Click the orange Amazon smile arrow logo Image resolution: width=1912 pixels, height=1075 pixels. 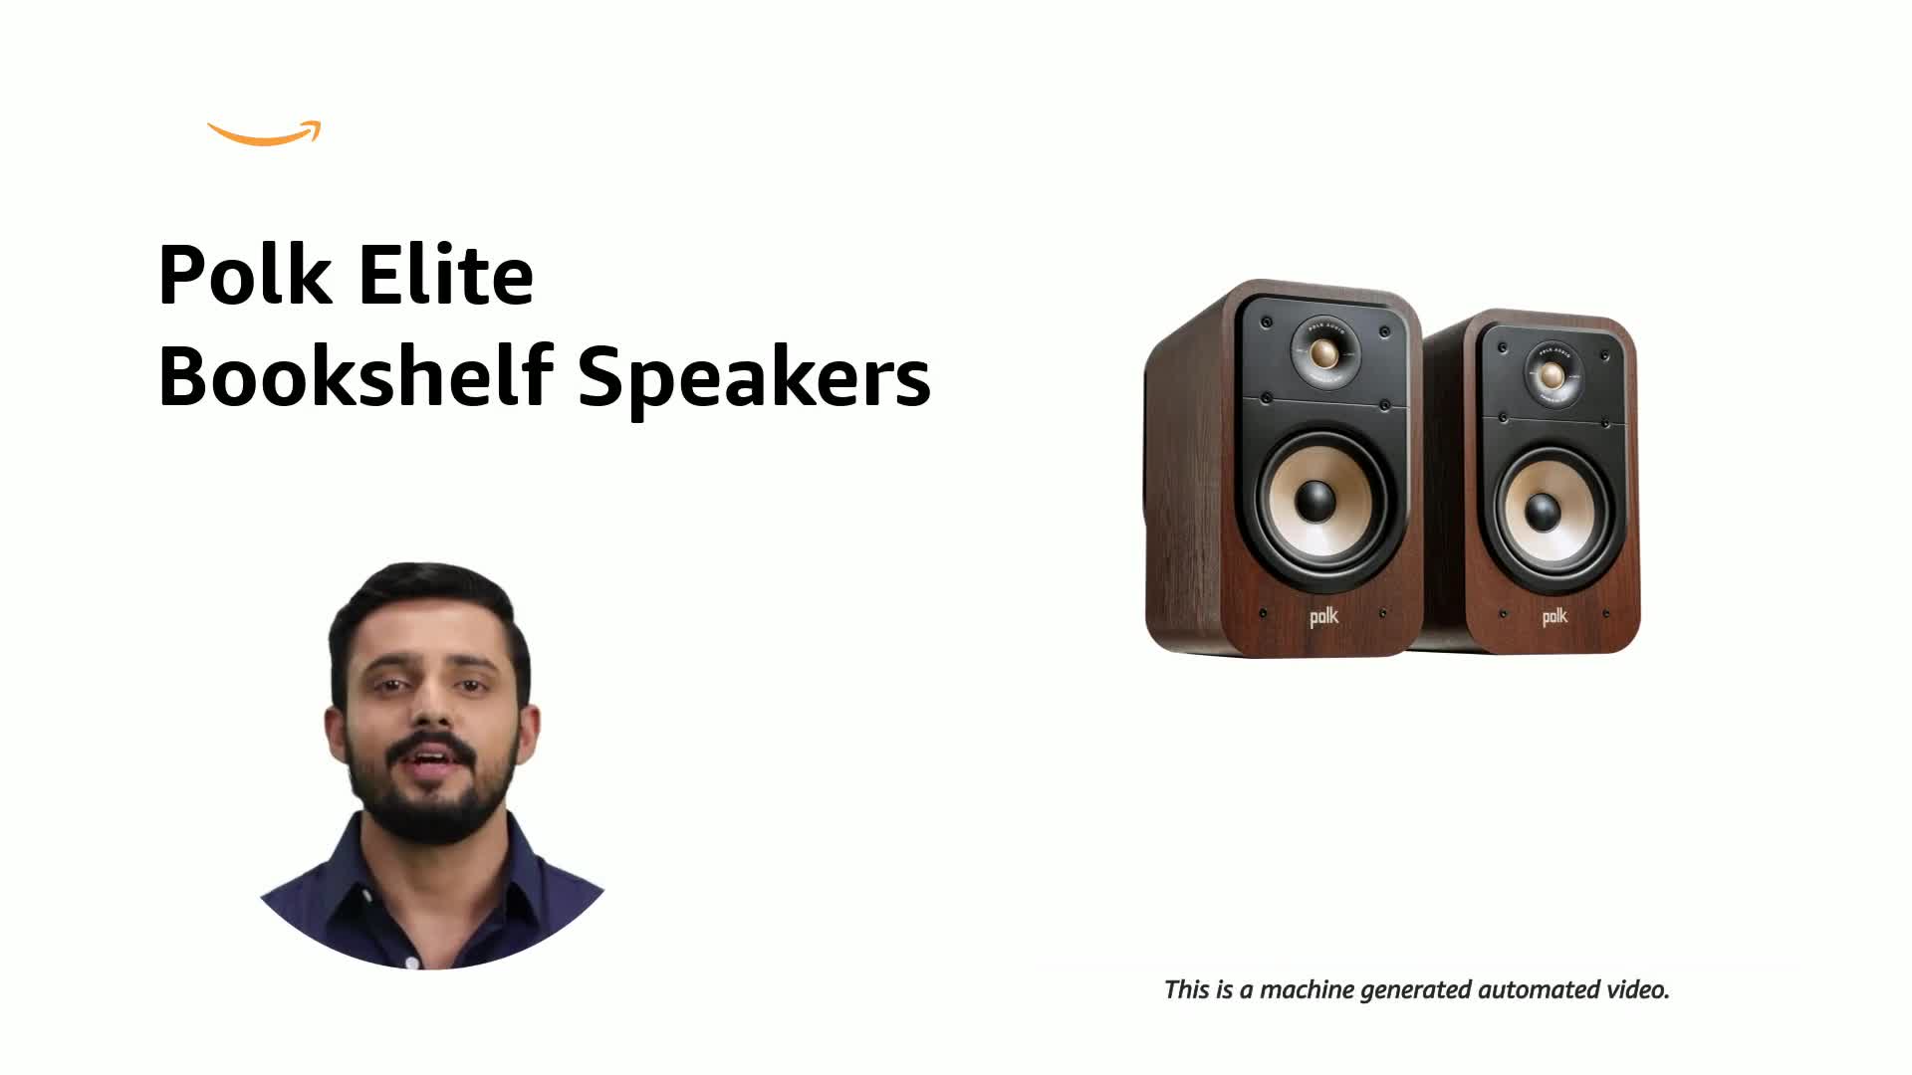pos(264,135)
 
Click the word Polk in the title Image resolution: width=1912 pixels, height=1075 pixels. pos(245,275)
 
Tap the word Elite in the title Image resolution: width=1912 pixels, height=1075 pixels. pos(445,275)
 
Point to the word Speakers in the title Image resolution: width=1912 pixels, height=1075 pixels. pos(754,378)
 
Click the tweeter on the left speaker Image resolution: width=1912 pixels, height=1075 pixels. pos(1324,352)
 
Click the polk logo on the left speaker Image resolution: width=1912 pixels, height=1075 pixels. pos(1323,617)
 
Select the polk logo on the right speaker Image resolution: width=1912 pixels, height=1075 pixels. pos(1553,617)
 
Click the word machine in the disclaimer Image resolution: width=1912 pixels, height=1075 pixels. pos(1307,990)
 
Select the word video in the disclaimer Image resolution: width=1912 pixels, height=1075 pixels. pos(1637,990)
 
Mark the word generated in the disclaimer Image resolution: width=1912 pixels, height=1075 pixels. pos(1416,990)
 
